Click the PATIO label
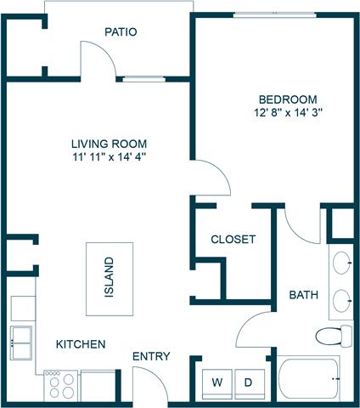click(121, 32)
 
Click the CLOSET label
click(233, 240)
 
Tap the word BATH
click(303, 296)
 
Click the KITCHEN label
click(81, 344)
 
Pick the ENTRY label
click(151, 356)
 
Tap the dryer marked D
click(249, 382)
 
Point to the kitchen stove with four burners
click(60, 385)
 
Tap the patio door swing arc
click(95, 56)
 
